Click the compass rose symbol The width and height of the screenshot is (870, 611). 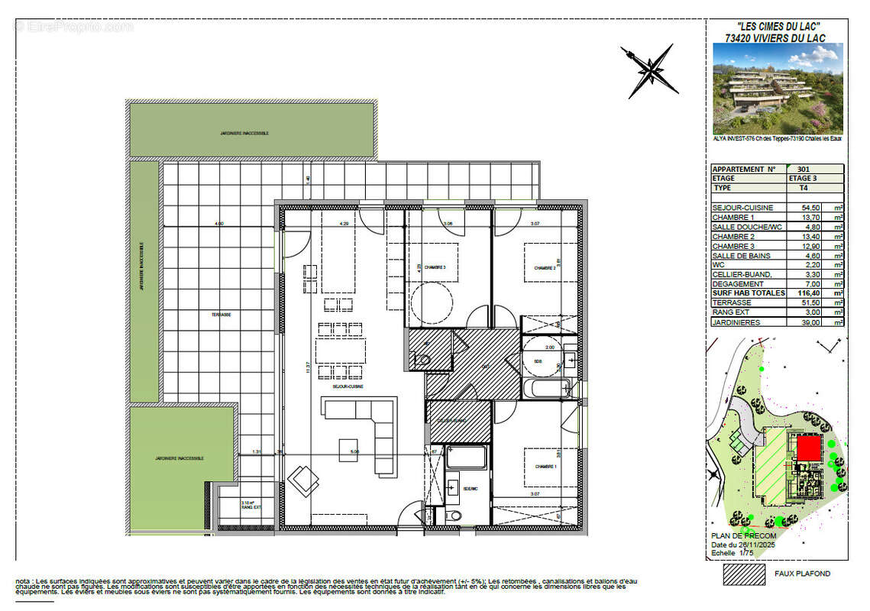(649, 72)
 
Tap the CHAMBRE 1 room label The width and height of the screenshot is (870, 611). (545, 466)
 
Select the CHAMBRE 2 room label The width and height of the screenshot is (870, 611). (545, 268)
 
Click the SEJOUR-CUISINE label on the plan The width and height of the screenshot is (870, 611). (347, 386)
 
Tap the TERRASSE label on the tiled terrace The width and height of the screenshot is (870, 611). (222, 314)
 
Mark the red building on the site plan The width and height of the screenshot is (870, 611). (807, 448)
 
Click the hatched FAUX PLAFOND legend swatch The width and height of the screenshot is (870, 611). (743, 573)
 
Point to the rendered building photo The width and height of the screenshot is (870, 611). (778, 89)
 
